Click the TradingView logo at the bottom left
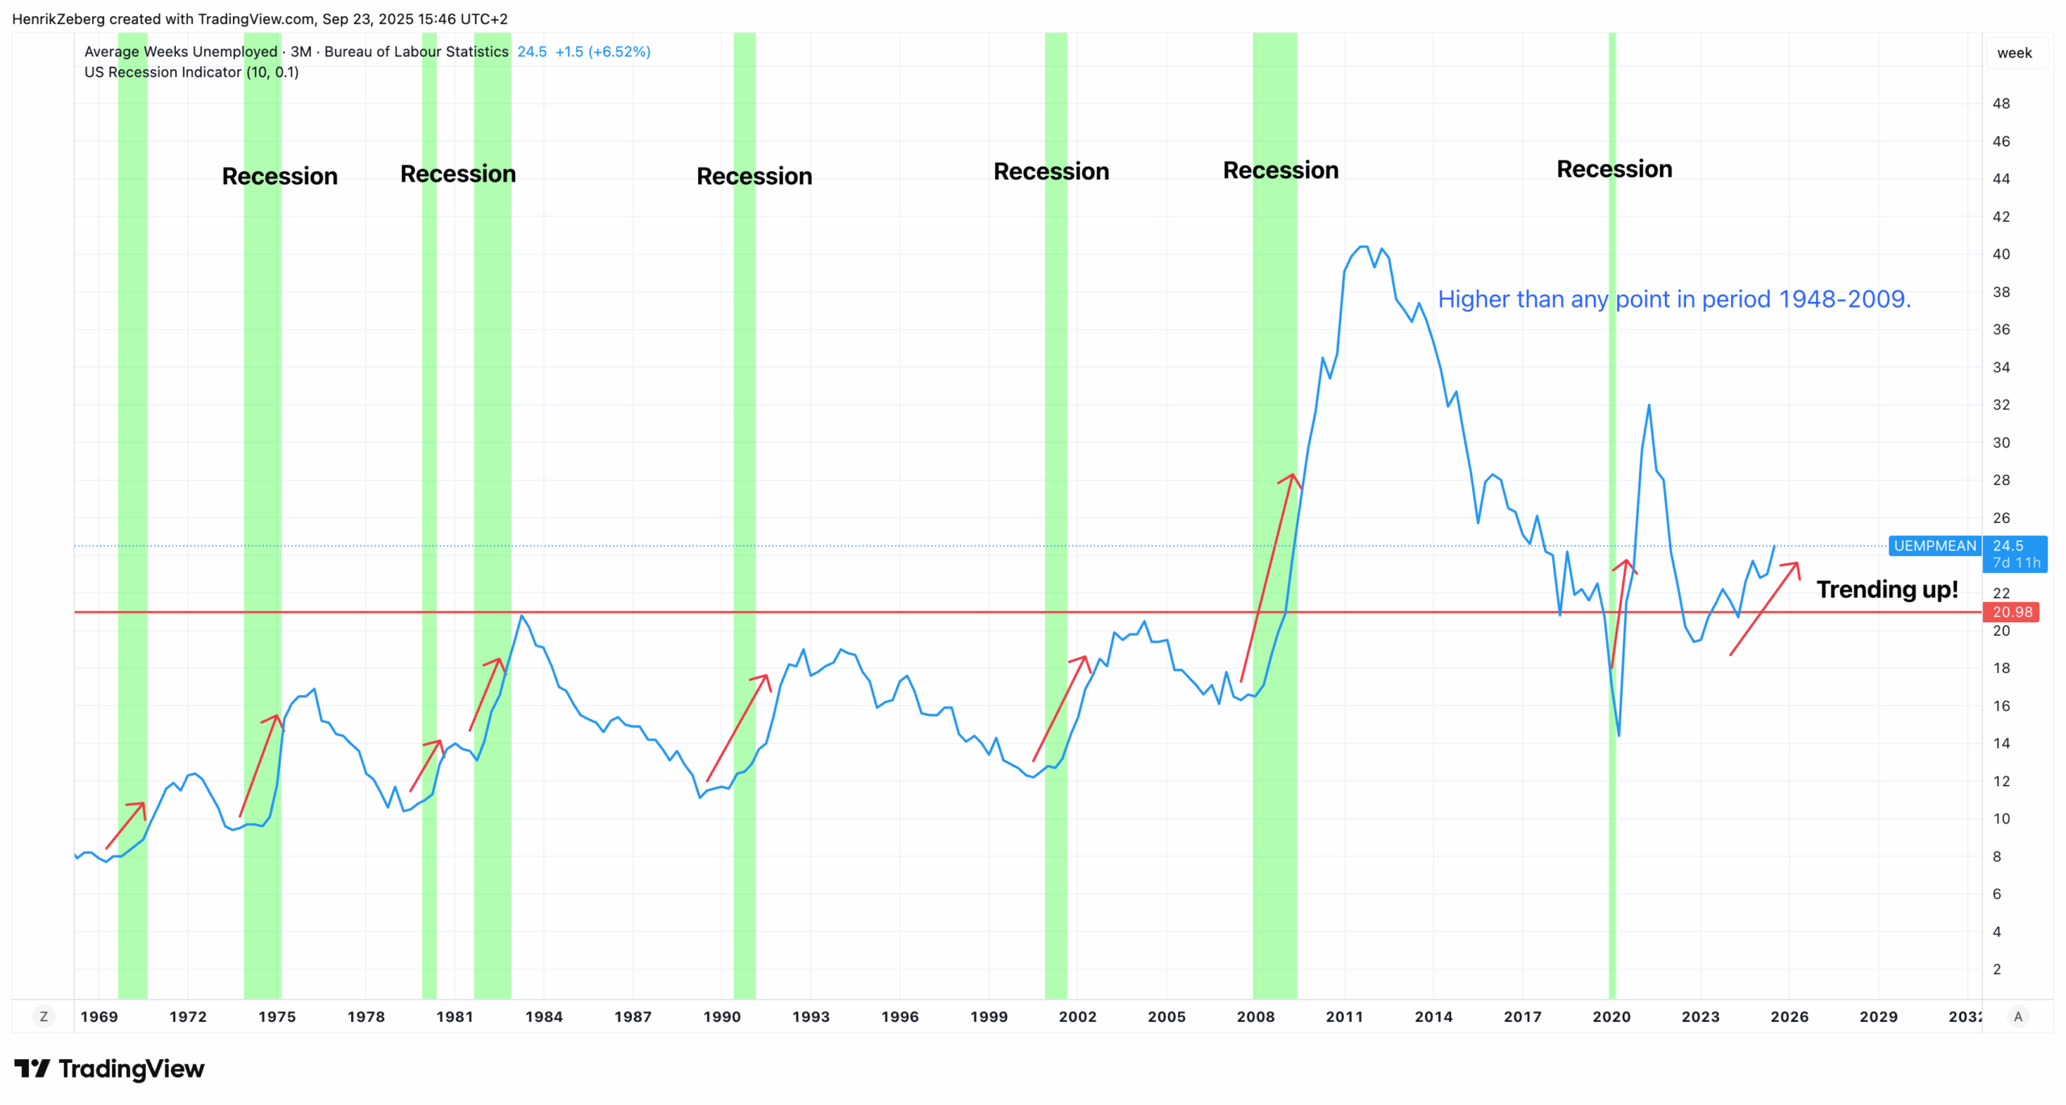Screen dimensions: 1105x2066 [109, 1069]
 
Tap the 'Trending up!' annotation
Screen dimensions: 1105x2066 [1887, 589]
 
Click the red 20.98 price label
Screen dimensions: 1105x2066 [2012, 612]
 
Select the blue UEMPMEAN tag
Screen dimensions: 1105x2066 [1934, 546]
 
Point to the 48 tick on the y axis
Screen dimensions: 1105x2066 [2001, 103]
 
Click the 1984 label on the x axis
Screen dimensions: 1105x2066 [544, 1016]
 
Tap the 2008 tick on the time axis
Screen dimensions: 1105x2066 [1256, 1016]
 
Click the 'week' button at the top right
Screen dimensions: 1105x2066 [2014, 53]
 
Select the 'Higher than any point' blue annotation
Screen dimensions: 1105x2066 [1674, 299]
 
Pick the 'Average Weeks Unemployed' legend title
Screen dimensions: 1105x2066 [181, 52]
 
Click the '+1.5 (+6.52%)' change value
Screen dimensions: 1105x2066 [603, 52]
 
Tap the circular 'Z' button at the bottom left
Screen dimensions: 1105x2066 [44, 1016]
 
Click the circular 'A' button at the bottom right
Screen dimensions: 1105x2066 [2018, 1016]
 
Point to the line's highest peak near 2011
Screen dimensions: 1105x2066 [1363, 246]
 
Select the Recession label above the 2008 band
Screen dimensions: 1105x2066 [1281, 170]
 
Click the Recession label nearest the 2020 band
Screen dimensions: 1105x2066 [1614, 169]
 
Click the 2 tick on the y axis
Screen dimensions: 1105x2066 [1997, 969]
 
